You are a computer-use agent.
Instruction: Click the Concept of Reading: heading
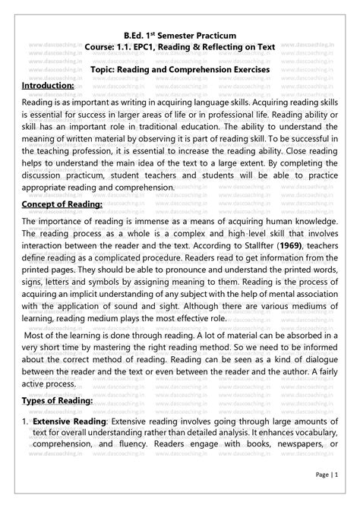point(62,205)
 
